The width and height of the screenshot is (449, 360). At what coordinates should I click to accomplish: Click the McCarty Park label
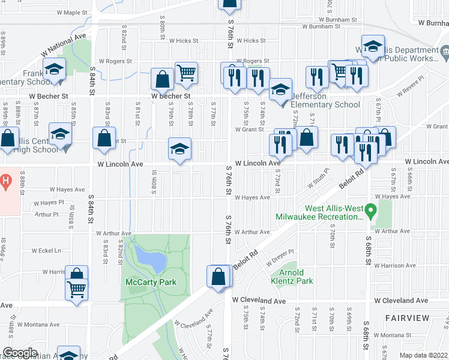[151, 282]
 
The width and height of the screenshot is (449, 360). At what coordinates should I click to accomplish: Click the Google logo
[20, 353]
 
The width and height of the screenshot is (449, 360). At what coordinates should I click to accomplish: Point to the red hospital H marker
[5, 179]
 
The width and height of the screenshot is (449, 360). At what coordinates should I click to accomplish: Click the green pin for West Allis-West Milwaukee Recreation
[371, 211]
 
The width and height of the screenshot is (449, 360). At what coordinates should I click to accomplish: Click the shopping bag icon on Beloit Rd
[218, 277]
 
